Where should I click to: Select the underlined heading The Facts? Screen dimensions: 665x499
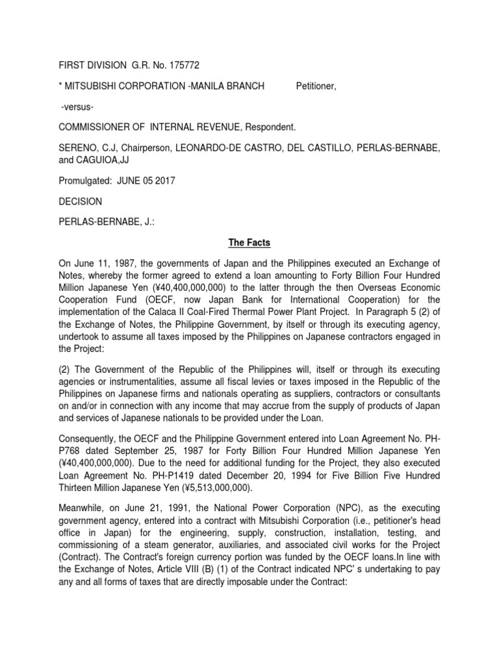[x=249, y=244]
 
